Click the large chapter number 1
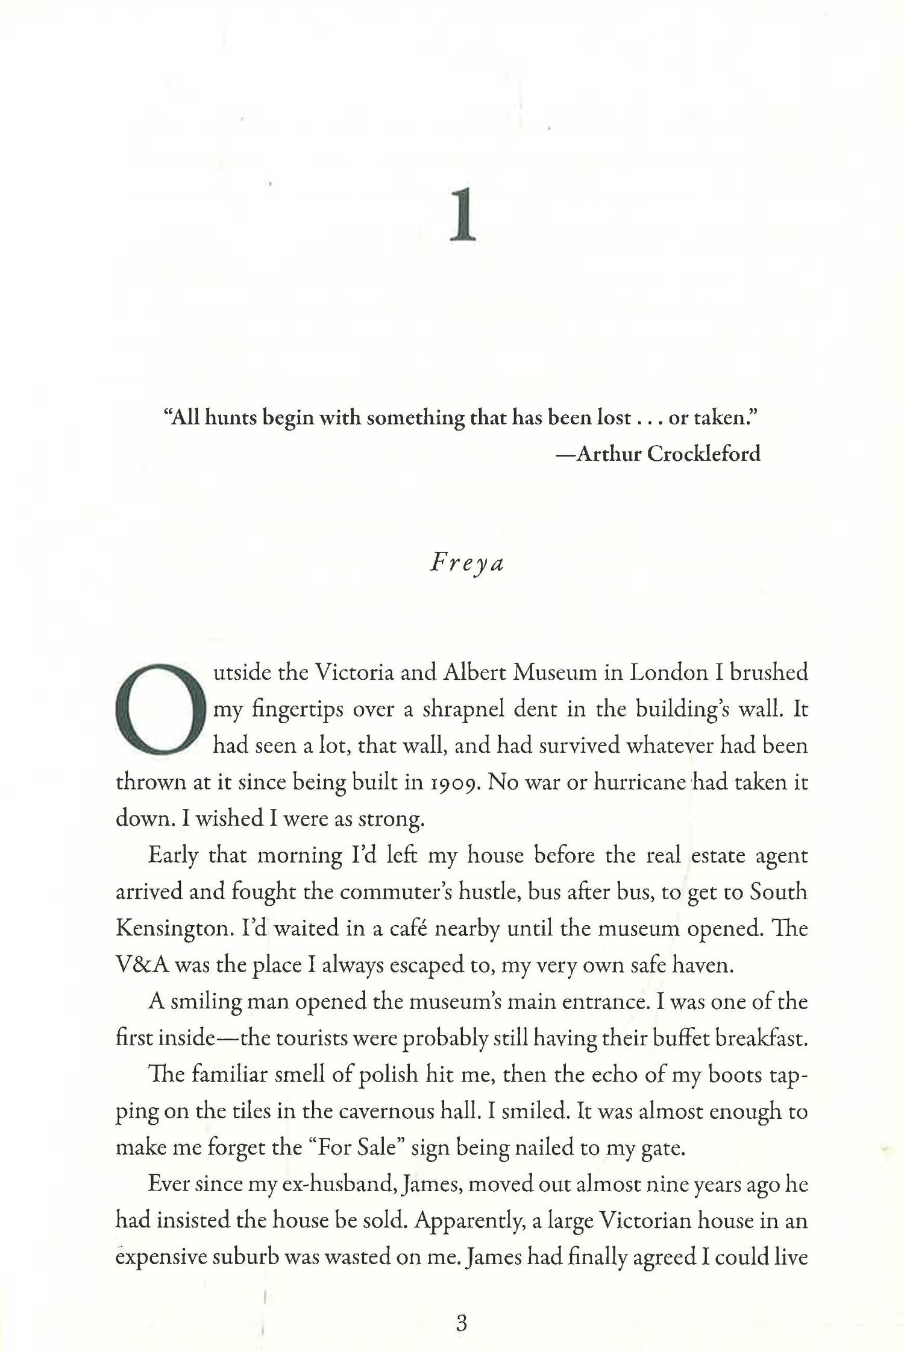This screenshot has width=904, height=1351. (463, 215)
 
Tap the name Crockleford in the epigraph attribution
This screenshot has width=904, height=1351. (703, 453)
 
